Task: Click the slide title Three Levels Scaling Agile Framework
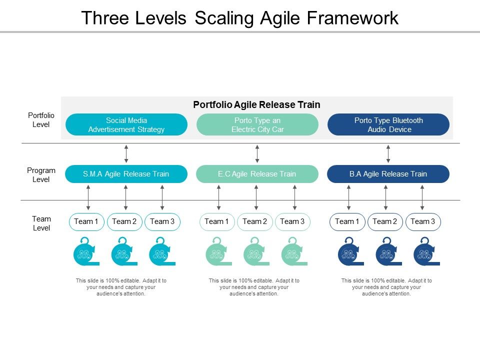coord(239,17)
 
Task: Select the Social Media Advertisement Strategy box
coord(126,124)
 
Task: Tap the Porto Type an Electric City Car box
coord(257,124)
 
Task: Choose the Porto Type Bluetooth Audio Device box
coord(388,124)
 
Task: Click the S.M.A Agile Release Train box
coord(126,174)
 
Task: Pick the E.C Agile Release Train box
coord(257,174)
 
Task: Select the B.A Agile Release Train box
coord(388,174)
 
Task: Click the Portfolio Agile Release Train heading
coord(256,104)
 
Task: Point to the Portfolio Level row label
coord(41,120)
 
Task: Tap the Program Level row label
coord(41,174)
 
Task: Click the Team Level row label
coord(41,223)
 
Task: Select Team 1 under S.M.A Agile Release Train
coord(86,221)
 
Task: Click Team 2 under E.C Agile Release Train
coord(255,221)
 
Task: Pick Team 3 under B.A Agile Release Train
coord(423,221)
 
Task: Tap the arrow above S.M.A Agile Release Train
coord(126,153)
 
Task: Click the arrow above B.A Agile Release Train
coord(388,153)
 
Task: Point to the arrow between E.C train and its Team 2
coord(256,197)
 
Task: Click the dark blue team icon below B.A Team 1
coord(348,252)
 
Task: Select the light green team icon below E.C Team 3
coord(292,252)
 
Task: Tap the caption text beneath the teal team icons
coord(121,287)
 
